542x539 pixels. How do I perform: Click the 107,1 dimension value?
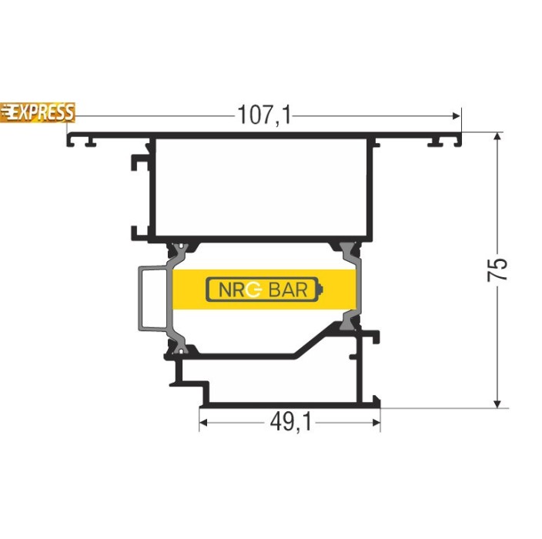pos(264,115)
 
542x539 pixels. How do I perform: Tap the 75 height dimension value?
pos(497,269)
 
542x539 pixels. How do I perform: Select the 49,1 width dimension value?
pos(291,422)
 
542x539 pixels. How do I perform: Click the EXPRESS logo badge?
pos(37,112)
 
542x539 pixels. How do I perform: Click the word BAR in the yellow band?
pos(288,290)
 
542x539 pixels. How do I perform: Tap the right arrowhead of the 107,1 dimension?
pos(457,115)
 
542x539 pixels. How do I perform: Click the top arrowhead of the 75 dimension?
pos(497,136)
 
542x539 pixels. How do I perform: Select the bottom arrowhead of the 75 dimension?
pos(497,403)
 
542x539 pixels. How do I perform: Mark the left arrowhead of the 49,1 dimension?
pos(203,423)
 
